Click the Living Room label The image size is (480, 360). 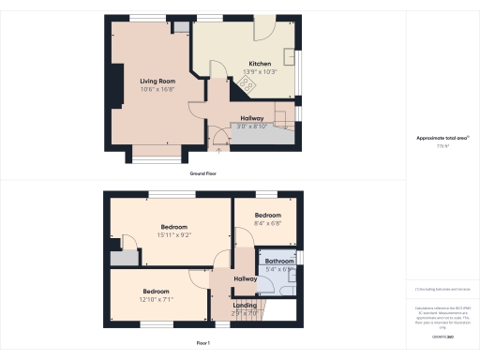click(154, 82)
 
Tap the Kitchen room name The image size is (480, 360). click(247, 64)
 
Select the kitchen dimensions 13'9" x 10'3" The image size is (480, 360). click(247, 72)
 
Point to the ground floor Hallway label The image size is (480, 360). click(251, 118)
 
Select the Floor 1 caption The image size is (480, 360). click(202, 344)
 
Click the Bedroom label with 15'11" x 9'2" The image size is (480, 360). click(173, 227)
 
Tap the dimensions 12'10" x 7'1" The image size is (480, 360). click(156, 299)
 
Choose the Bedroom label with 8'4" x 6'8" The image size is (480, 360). click(267, 215)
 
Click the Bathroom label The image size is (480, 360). click(279, 261)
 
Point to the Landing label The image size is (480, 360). click(246, 305)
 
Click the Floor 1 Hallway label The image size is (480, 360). click(246, 278)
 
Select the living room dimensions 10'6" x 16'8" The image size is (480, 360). click(154, 91)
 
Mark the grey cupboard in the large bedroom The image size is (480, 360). click(118, 260)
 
